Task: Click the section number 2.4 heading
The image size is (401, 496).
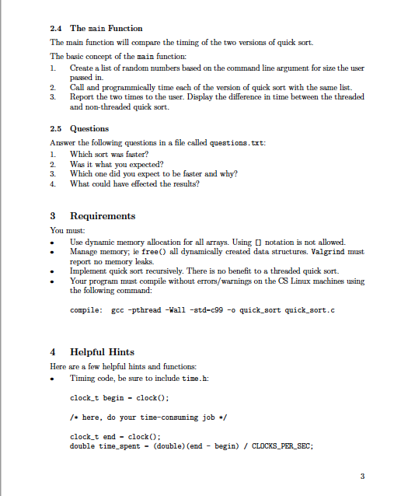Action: (58, 28)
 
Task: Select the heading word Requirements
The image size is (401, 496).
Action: (103, 216)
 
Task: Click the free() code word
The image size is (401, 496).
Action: (176, 252)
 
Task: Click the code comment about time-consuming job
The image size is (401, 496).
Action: (137, 416)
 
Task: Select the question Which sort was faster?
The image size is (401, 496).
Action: (107, 153)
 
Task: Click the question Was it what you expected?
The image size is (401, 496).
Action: (113, 163)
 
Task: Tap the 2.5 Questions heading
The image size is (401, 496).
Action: (79, 128)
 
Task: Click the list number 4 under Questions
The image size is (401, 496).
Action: (53, 184)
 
